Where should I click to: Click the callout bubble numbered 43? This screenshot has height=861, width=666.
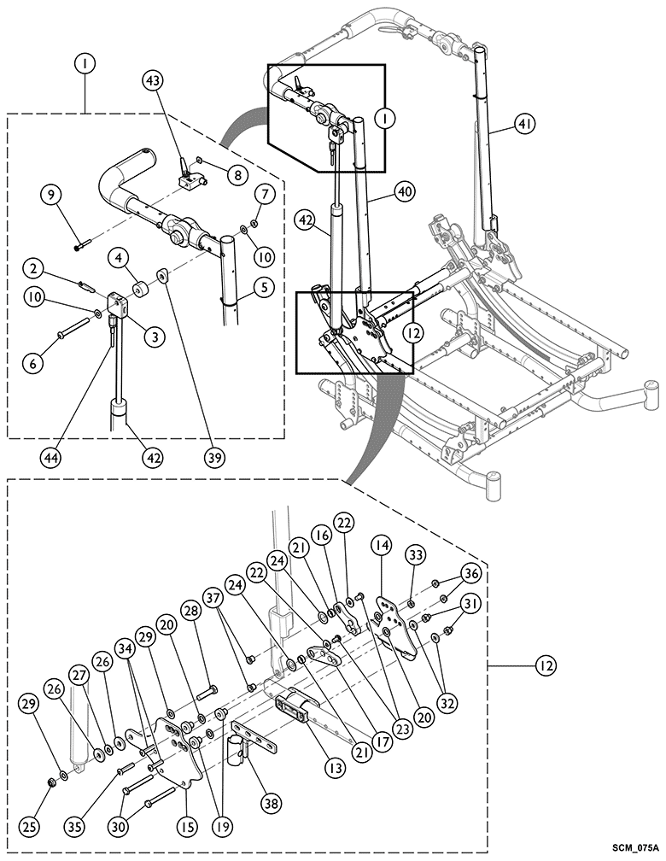click(x=153, y=80)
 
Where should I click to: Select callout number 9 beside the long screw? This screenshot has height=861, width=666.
click(x=52, y=195)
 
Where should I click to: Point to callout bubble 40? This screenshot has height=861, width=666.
click(x=404, y=192)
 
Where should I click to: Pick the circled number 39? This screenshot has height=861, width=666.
click(x=213, y=457)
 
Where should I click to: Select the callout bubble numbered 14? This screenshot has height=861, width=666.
click(x=379, y=545)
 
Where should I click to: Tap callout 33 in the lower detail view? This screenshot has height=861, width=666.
click(x=416, y=555)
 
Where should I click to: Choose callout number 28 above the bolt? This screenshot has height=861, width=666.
click(x=190, y=611)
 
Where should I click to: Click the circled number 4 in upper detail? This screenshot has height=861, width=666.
click(x=120, y=256)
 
